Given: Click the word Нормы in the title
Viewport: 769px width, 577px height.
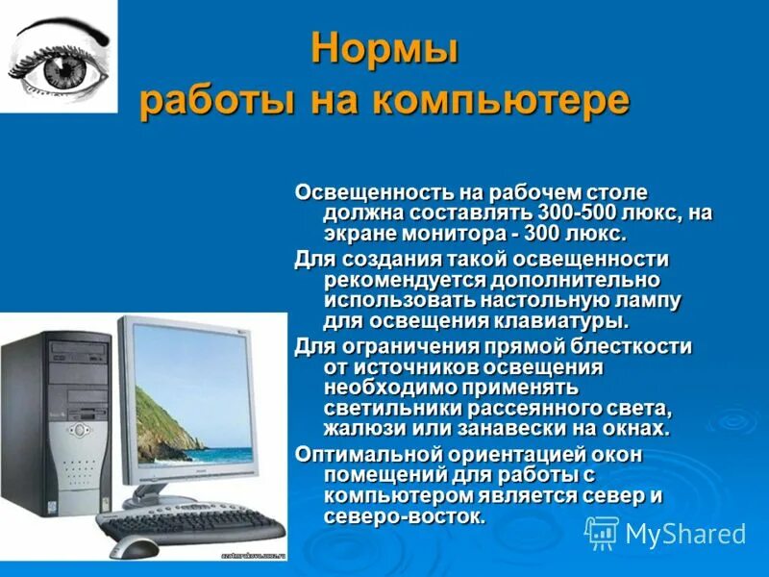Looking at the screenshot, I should pos(384,49).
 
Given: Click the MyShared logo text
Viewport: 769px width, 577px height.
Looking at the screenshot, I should pos(685,534).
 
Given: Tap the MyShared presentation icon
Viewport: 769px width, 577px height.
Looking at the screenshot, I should pos(602,533).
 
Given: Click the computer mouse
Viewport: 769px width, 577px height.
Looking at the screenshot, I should pos(135,547).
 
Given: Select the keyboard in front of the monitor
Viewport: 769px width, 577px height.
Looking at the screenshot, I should pos(192,524).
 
